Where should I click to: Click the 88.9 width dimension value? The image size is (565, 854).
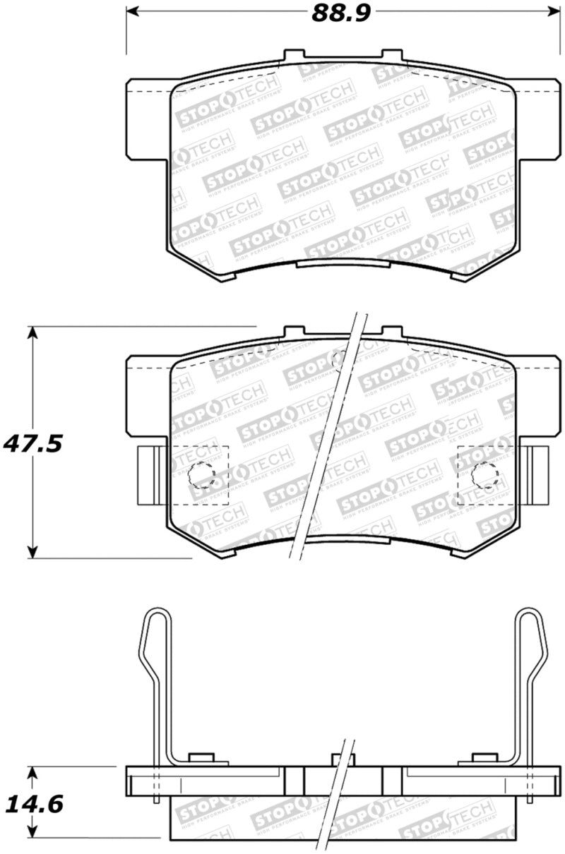[342, 13]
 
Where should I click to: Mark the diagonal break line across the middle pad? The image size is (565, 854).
[328, 438]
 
